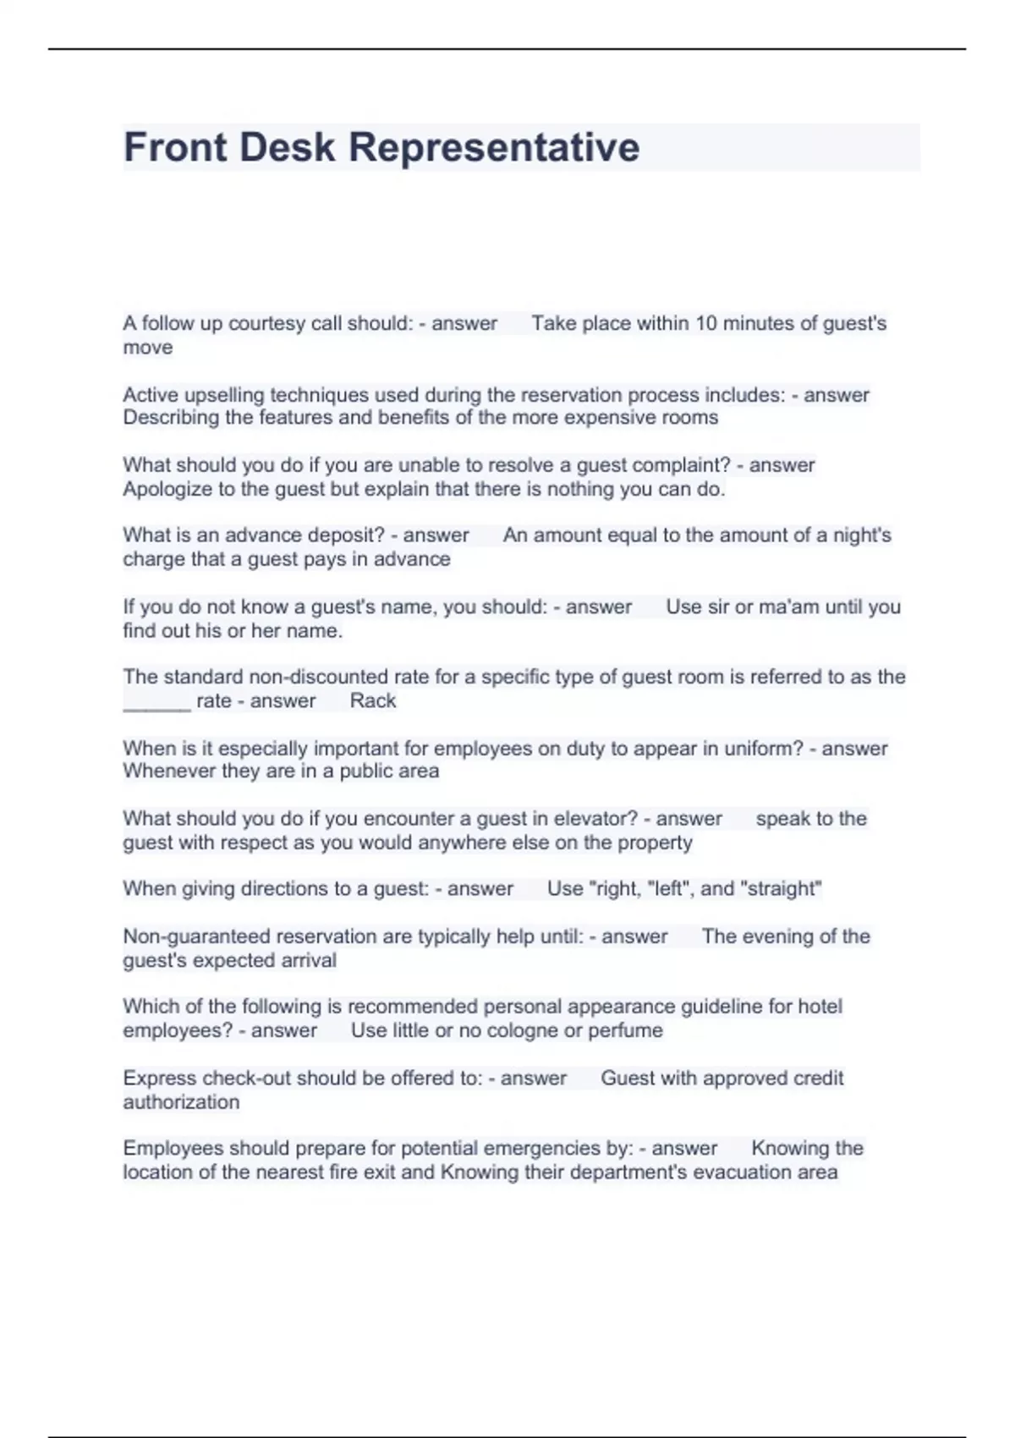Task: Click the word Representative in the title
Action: (x=494, y=147)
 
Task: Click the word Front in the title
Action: (x=175, y=147)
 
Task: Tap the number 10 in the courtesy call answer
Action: (x=705, y=323)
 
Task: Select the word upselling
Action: (x=224, y=395)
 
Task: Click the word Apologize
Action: (x=167, y=489)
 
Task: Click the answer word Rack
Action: (x=373, y=701)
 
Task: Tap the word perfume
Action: (x=626, y=1030)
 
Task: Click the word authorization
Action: (x=181, y=1102)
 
